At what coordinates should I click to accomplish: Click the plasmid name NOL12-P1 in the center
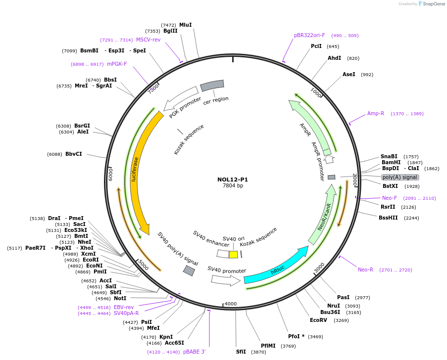[x=233, y=180]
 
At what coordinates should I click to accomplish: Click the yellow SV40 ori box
[x=234, y=254]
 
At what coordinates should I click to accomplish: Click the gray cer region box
[x=212, y=86]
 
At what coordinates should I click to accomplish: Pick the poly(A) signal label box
[x=400, y=177]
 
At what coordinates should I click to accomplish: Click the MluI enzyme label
[x=185, y=25]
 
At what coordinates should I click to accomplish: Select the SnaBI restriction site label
[x=389, y=156]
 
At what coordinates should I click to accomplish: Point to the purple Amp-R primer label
[x=376, y=113]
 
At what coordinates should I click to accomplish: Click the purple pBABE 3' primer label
[x=194, y=352]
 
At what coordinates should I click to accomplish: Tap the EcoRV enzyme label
[x=319, y=320]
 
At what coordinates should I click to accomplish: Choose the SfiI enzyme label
[x=241, y=352]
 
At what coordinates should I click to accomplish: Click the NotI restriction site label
[x=120, y=298]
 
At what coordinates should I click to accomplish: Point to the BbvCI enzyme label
[x=74, y=154]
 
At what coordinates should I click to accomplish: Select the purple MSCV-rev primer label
[x=149, y=40]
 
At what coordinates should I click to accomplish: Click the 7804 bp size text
[x=233, y=186]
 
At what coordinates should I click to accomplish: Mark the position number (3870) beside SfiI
[x=258, y=352]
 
